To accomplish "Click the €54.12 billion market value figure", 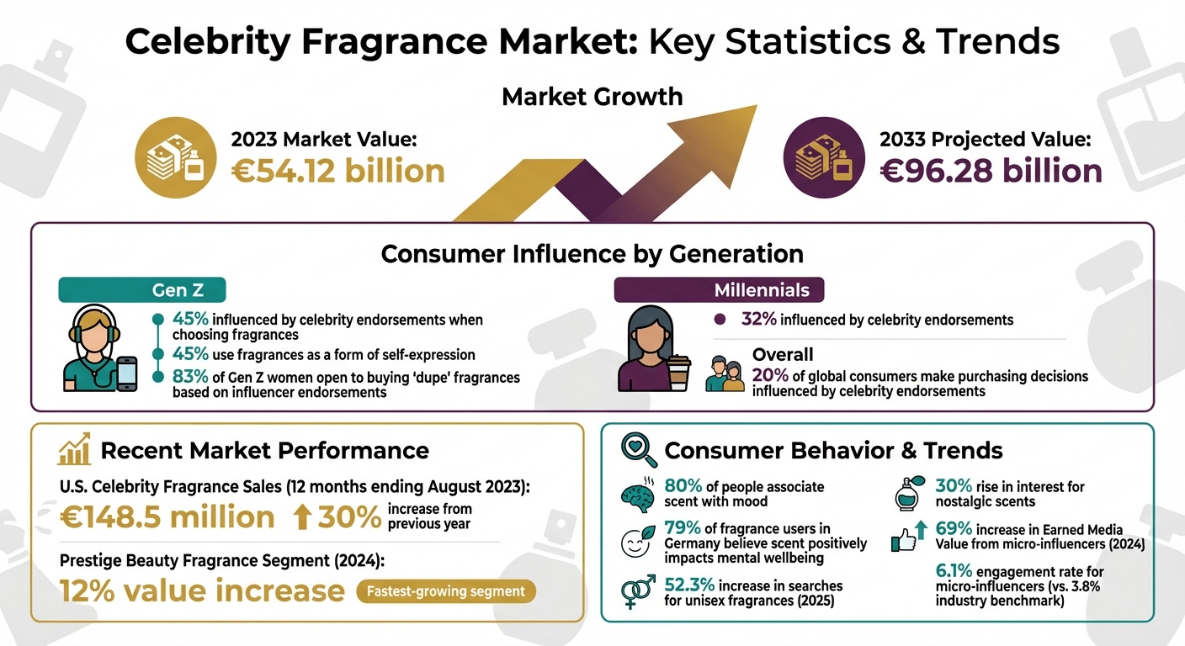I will pos(337,171).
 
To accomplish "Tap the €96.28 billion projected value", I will pos(991,171).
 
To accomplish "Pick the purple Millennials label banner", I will pos(719,290).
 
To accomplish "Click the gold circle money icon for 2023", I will pos(174,157).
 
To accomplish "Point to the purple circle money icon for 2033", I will pos(822,157).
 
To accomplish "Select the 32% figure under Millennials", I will pos(758,320).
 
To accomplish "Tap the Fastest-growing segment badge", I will pos(446,591).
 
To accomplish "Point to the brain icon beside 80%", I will pos(639,494).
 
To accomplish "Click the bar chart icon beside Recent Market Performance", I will pos(75,451).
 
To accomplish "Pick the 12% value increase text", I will pos(202,590).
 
